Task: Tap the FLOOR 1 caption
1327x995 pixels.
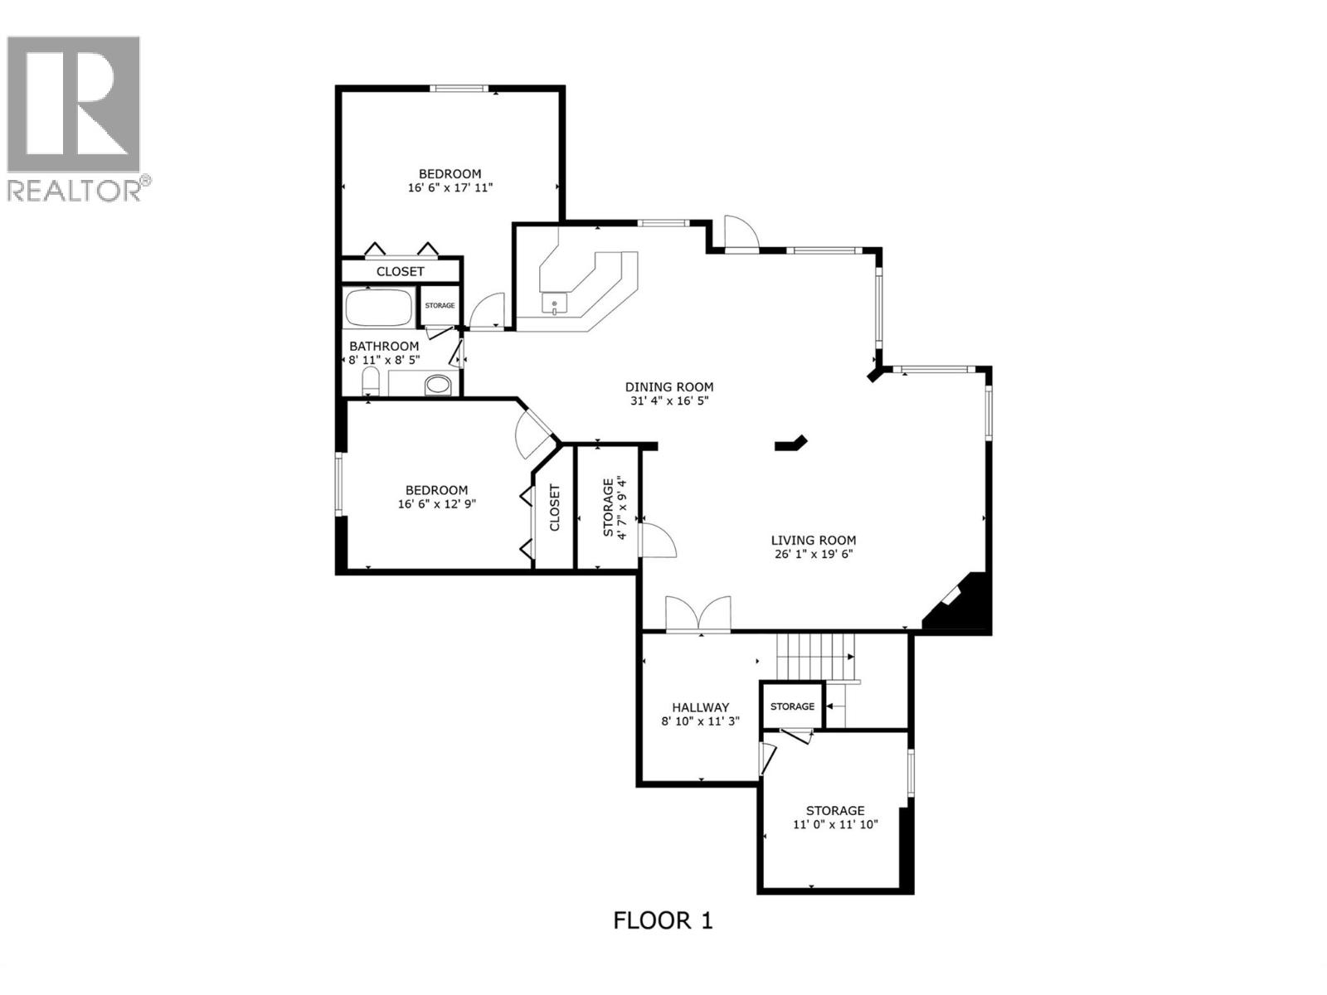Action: pyautogui.click(x=663, y=920)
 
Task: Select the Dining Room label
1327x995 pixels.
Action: pyautogui.click(x=668, y=386)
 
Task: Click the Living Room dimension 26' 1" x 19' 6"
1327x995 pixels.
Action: pyautogui.click(x=813, y=554)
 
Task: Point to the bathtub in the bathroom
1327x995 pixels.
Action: pyautogui.click(x=378, y=308)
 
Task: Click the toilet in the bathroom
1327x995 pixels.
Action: pyautogui.click(x=370, y=382)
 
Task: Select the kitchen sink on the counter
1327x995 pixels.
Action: pyautogui.click(x=554, y=303)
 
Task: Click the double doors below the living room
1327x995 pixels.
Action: pyautogui.click(x=698, y=615)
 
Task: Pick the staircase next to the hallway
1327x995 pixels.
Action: pyautogui.click(x=814, y=655)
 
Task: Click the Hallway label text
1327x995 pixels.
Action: pyautogui.click(x=700, y=707)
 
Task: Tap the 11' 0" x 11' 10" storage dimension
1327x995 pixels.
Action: pyautogui.click(x=835, y=824)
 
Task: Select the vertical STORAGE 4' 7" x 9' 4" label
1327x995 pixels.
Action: pyautogui.click(x=615, y=507)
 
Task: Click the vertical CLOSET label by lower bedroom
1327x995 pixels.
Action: pyautogui.click(x=555, y=507)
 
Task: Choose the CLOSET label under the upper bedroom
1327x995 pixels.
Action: pyautogui.click(x=400, y=271)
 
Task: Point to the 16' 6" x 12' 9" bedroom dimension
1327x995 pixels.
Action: pyautogui.click(x=436, y=503)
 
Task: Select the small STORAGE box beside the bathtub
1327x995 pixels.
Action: pyautogui.click(x=440, y=306)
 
